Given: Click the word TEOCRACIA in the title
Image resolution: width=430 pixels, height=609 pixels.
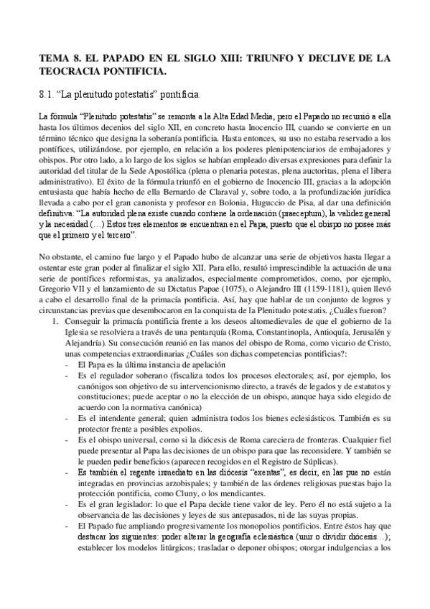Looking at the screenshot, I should [x=70, y=71].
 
